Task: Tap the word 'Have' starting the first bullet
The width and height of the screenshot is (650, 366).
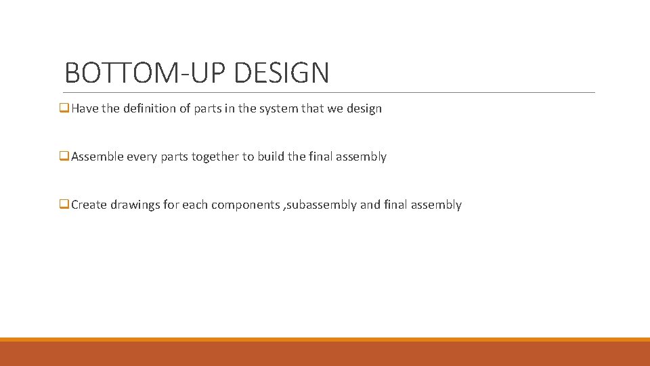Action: [x=85, y=108]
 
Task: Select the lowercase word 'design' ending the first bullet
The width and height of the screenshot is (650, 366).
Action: [x=364, y=108]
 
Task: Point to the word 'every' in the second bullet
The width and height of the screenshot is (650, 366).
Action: [x=142, y=157]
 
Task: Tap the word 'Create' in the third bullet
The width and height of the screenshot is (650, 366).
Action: [x=89, y=205]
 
